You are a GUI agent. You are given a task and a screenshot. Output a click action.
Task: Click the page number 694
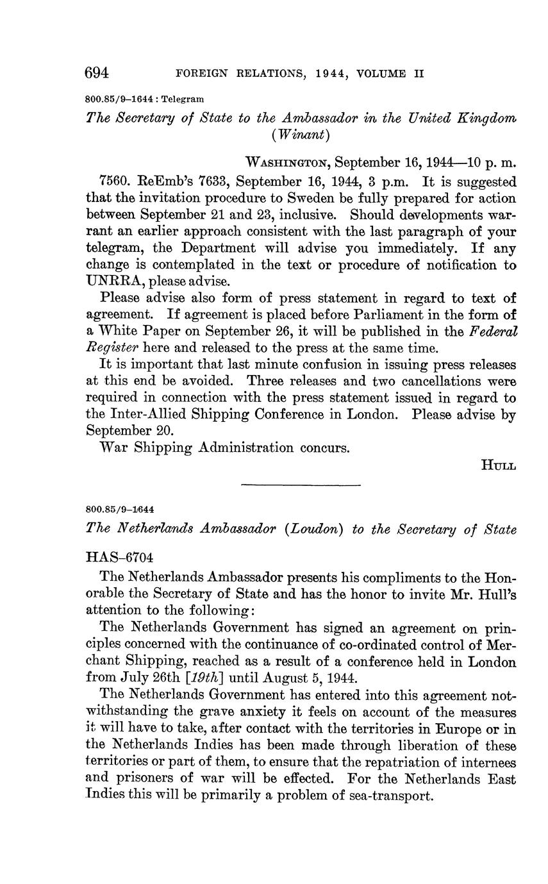(97, 73)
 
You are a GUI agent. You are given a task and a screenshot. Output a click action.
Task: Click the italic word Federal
(493, 331)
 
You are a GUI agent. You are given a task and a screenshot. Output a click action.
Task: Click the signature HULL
(498, 465)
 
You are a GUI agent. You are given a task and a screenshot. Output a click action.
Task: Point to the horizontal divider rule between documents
(301, 485)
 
